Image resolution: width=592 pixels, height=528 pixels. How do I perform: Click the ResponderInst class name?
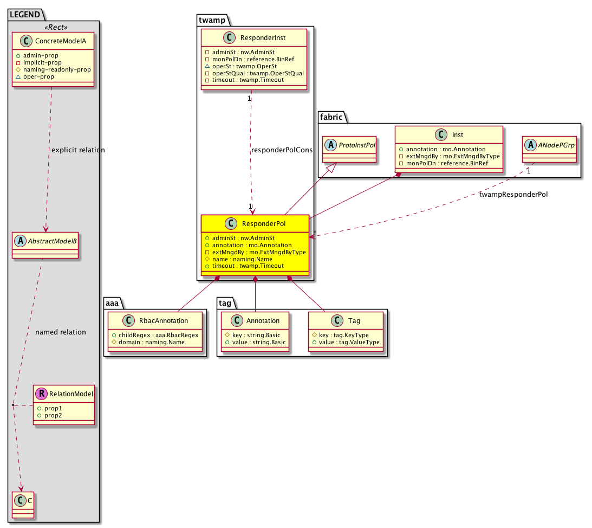[263, 38]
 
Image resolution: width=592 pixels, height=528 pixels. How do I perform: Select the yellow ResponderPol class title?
[264, 224]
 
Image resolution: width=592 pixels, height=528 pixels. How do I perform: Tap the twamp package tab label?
[212, 20]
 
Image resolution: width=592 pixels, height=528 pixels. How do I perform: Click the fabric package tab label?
[331, 117]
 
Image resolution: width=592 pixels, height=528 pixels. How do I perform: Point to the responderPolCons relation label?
[282, 150]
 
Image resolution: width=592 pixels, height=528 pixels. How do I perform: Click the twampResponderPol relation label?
[513, 194]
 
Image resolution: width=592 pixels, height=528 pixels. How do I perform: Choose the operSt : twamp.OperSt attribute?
[244, 66]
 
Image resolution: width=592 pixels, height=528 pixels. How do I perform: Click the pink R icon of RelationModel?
[41, 394]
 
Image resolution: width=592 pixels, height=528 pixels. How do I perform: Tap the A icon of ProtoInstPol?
[330, 145]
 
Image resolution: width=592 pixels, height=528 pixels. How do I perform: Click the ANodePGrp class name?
[556, 145]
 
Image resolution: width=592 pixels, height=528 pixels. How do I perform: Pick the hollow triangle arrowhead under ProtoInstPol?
[331, 167]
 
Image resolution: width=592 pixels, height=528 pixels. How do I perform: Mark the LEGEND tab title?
[25, 14]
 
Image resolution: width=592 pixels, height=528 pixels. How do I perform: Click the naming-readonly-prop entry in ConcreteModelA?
[57, 69]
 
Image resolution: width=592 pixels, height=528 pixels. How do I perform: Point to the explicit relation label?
[78, 150]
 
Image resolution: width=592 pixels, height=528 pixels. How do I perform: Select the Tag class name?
[354, 321]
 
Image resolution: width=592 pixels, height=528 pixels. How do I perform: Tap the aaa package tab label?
[112, 303]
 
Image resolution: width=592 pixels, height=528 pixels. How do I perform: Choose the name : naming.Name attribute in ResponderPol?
[242, 259]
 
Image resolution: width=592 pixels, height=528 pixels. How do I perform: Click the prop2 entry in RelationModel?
[53, 415]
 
